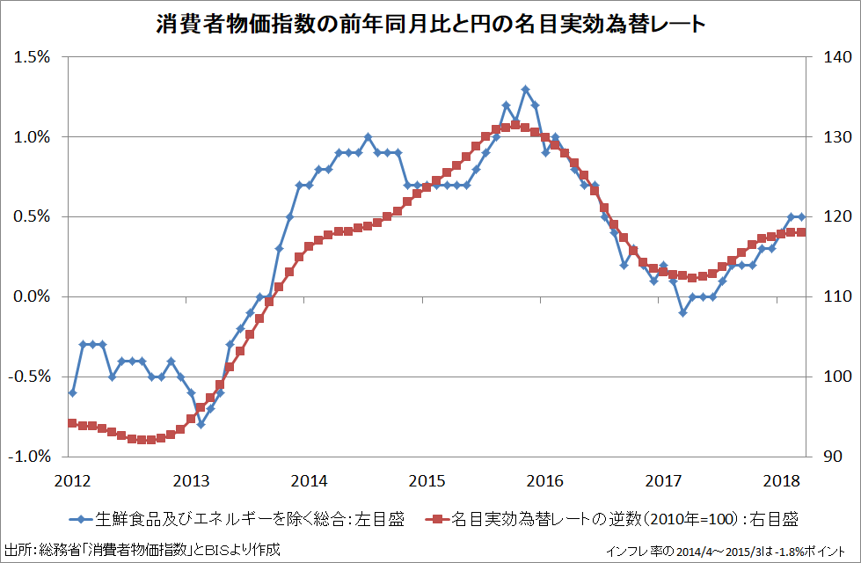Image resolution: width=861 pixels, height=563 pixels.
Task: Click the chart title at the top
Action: coord(430,24)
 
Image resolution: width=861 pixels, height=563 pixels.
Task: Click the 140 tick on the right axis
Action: coord(828,57)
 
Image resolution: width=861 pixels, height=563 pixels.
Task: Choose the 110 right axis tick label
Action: coord(828,297)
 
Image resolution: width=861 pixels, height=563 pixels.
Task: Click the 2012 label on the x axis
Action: coord(72,481)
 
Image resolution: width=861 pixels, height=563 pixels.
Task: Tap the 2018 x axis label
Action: coord(782,481)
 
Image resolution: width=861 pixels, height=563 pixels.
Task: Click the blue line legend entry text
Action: coord(249,518)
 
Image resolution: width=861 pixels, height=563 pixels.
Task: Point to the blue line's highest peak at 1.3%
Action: coord(525,89)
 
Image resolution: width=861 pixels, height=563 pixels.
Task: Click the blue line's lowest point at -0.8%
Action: coord(201,424)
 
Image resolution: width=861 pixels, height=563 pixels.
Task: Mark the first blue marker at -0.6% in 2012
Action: coord(73,392)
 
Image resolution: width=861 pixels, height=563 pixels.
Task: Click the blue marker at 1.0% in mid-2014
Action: coord(368,137)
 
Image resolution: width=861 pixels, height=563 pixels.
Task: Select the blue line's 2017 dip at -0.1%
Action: coord(682,313)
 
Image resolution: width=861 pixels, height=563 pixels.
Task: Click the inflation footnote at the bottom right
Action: coord(731,552)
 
